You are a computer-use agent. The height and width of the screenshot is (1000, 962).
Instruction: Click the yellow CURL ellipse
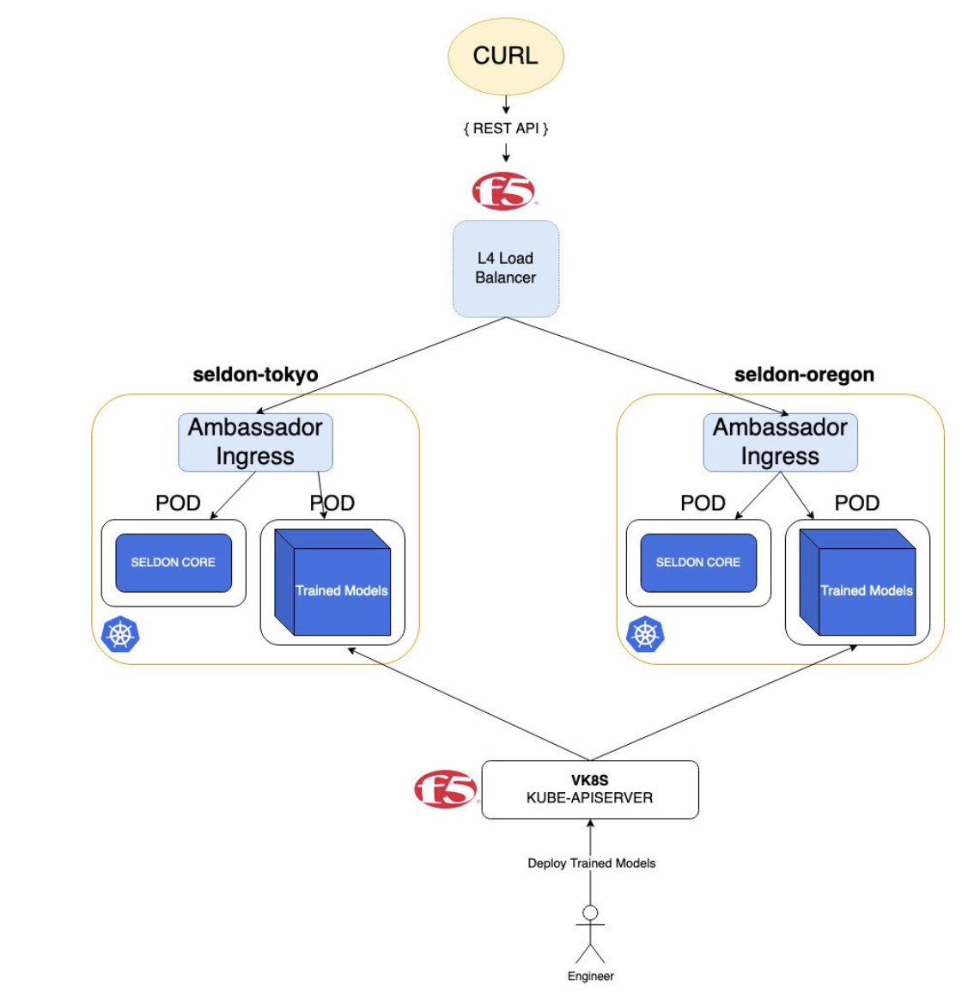click(505, 56)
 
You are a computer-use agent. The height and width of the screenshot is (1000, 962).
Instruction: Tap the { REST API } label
click(505, 128)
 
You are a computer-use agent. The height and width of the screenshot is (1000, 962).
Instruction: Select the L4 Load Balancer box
click(506, 268)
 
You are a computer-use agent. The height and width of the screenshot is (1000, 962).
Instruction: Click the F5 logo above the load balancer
click(504, 191)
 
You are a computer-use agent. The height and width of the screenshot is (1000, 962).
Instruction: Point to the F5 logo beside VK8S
click(446, 789)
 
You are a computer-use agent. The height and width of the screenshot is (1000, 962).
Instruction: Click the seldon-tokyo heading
click(255, 375)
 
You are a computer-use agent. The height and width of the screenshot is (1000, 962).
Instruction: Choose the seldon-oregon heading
click(804, 375)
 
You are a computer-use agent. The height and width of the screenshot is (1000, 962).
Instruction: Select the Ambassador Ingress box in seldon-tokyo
click(255, 442)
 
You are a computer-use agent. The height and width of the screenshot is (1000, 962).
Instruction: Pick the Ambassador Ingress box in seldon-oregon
click(780, 442)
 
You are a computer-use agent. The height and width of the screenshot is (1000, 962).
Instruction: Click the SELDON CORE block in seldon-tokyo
click(174, 563)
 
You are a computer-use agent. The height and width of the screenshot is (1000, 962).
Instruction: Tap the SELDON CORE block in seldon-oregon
click(698, 563)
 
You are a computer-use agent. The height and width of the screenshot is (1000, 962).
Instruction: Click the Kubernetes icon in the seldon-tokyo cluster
click(120, 635)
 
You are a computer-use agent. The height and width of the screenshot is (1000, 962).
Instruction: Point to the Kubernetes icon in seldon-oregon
click(645, 635)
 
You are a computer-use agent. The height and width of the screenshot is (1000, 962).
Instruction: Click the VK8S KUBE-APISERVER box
click(590, 789)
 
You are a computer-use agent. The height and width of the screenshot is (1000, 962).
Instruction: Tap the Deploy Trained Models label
click(591, 863)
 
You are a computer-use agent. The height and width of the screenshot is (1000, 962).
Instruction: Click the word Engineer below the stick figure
click(590, 976)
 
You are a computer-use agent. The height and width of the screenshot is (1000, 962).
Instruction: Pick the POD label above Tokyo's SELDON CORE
click(178, 503)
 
